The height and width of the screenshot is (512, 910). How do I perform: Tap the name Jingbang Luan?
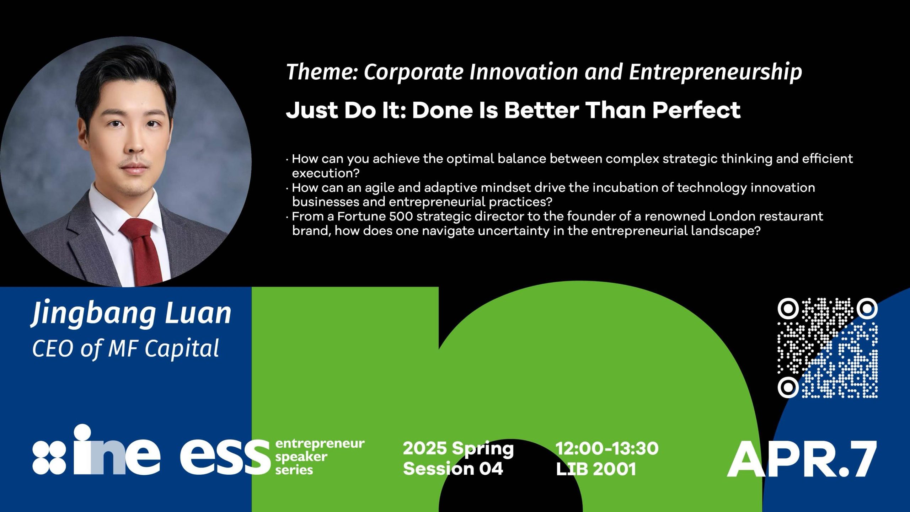pyautogui.click(x=132, y=314)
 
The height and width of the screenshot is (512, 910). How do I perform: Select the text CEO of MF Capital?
pyautogui.click(x=125, y=348)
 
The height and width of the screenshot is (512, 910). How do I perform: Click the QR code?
pyautogui.click(x=828, y=348)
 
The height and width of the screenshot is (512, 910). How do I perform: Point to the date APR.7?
pyautogui.click(x=802, y=459)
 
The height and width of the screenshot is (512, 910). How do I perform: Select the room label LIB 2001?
pyautogui.click(x=596, y=469)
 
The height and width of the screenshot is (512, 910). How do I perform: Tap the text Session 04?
pyautogui.click(x=453, y=469)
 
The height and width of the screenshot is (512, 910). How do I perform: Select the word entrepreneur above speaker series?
pyautogui.click(x=320, y=444)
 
